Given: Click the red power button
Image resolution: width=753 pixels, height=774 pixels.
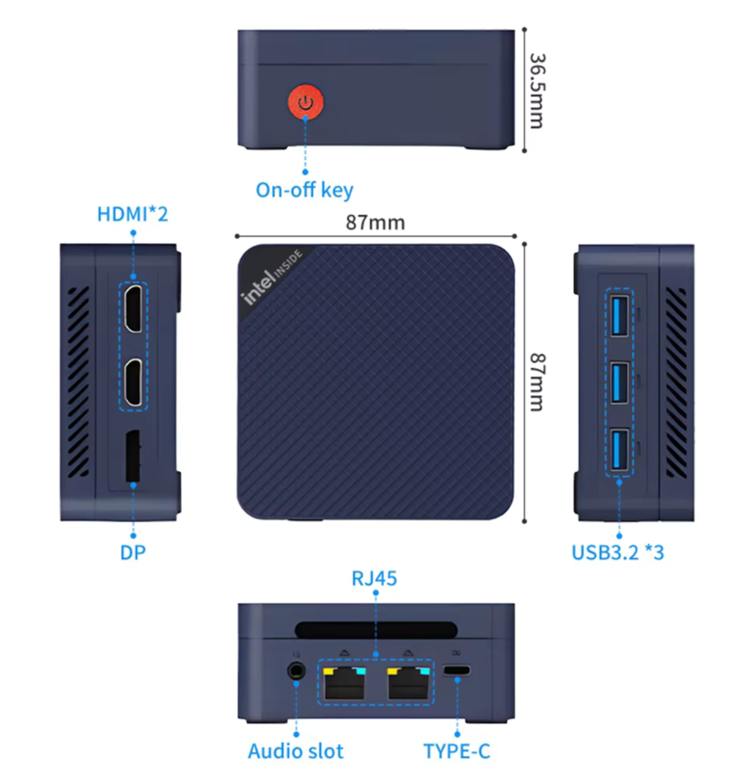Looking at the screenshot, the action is pos(305,102).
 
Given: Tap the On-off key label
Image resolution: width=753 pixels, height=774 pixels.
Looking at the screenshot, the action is pos(304,190).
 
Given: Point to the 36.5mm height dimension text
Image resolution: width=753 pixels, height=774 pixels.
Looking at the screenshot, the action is pos(537,91).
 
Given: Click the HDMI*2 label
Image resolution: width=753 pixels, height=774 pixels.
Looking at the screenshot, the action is pos(133,214).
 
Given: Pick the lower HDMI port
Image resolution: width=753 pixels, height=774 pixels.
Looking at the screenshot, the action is pos(133,382).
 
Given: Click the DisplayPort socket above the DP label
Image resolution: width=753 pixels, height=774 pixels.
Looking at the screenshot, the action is pos(133,455).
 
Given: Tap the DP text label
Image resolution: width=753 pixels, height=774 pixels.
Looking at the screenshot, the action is pos(133,553).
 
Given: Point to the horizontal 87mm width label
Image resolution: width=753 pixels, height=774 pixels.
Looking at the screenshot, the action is pos(375,223).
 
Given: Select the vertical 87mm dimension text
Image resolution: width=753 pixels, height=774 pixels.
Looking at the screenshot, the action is pos(537,382).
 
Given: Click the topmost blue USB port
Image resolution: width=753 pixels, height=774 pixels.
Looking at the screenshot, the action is pos(620,316).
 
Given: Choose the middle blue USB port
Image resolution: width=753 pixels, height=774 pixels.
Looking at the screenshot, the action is pos(620,382).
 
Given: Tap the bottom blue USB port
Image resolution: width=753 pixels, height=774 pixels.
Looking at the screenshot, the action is pos(620,449).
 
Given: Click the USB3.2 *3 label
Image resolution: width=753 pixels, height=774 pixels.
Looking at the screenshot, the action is pos(618,553).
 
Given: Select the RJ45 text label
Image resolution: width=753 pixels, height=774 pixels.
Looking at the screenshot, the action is pos(375,579).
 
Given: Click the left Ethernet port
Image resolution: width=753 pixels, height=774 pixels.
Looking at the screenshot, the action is pos(345,683).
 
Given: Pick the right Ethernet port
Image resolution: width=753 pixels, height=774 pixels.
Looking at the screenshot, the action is pos(408,683).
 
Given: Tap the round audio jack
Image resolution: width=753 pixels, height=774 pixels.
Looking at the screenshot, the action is pos(296,671).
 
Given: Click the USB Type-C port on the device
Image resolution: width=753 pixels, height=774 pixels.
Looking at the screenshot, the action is pos(457,670).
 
